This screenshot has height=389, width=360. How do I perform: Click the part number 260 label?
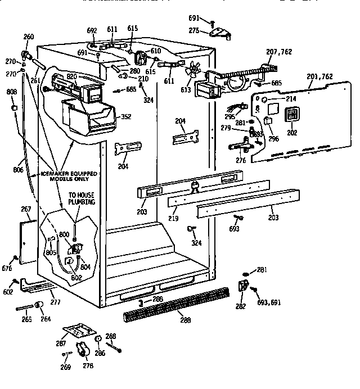click(x=28, y=37)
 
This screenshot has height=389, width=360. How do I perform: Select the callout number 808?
click(x=11, y=92)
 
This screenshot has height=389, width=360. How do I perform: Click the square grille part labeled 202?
click(x=292, y=116)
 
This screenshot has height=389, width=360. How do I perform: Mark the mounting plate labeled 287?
click(x=77, y=331)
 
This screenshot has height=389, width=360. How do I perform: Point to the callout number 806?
click(x=18, y=168)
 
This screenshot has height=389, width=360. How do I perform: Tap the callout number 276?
click(x=240, y=161)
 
